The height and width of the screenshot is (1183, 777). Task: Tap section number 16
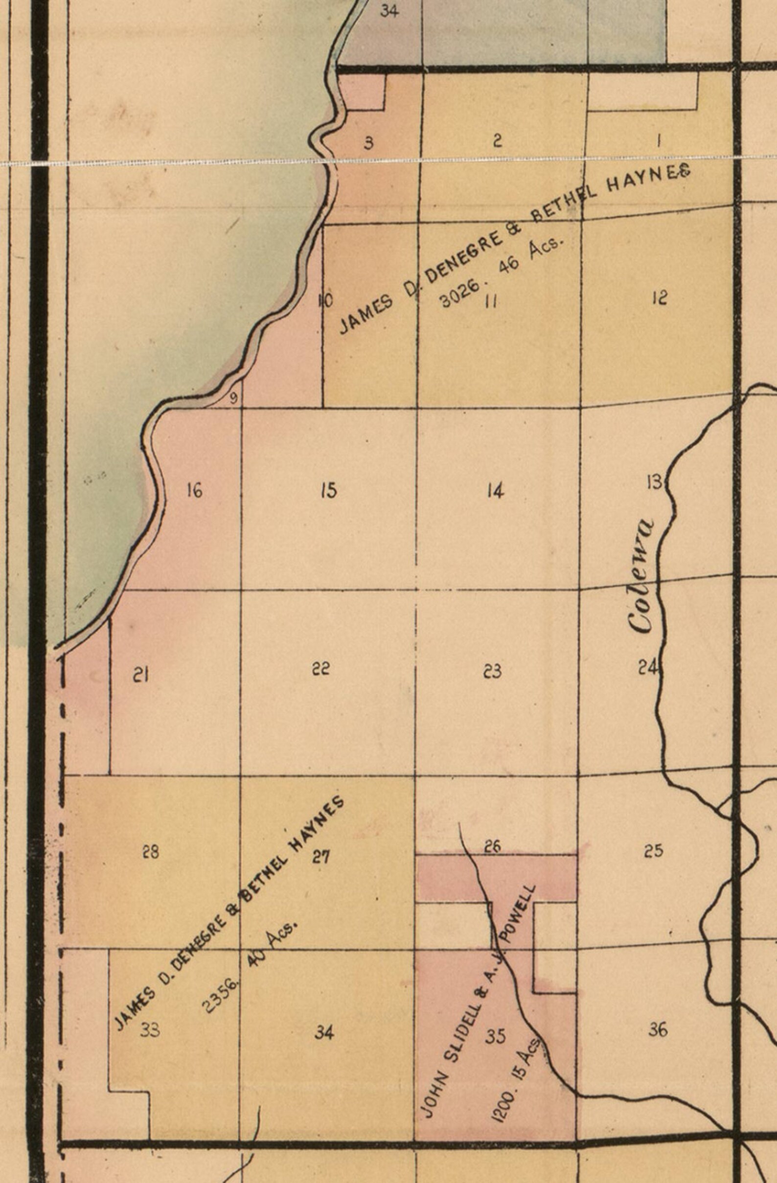coord(194,491)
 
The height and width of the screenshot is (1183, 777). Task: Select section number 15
coord(329,491)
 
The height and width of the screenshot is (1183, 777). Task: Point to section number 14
coord(495,491)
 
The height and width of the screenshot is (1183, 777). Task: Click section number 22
coord(320,668)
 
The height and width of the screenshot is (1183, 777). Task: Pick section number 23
coord(492,672)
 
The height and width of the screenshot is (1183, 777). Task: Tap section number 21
coord(141,675)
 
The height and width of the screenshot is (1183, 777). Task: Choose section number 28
coord(151,852)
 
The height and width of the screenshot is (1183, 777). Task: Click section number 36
coord(658,1029)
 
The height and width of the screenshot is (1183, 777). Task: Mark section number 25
coord(653,851)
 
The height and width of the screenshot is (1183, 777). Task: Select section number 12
coord(659,298)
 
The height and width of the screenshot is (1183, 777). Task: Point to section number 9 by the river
coord(235,397)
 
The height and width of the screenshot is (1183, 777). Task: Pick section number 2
coord(497,141)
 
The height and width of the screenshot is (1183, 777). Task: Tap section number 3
coord(368,144)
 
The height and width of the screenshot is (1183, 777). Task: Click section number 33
coord(150,1030)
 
